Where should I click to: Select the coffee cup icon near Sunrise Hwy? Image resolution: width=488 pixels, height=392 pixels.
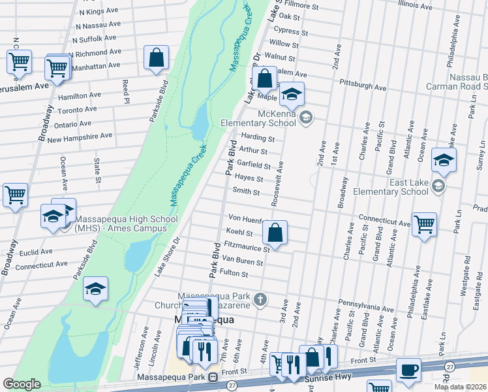pyautogui.click(x=408, y=370)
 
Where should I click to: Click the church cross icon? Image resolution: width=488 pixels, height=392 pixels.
pyautogui.click(x=260, y=300)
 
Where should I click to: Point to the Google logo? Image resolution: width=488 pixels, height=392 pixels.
pyautogui.click(x=22, y=384)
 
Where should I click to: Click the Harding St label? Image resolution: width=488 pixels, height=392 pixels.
pyautogui.click(x=258, y=138)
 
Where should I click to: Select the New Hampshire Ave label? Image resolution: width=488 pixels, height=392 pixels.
pyautogui.click(x=80, y=137)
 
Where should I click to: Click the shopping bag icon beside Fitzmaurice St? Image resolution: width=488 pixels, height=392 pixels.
pyautogui.click(x=275, y=233)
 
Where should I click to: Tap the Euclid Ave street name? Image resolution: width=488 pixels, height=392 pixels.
pyautogui.click(x=37, y=252)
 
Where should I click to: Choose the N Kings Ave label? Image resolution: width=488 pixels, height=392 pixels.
pyautogui.click(x=99, y=12)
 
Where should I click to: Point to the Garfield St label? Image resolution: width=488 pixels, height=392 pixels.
pyautogui.click(x=253, y=165)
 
